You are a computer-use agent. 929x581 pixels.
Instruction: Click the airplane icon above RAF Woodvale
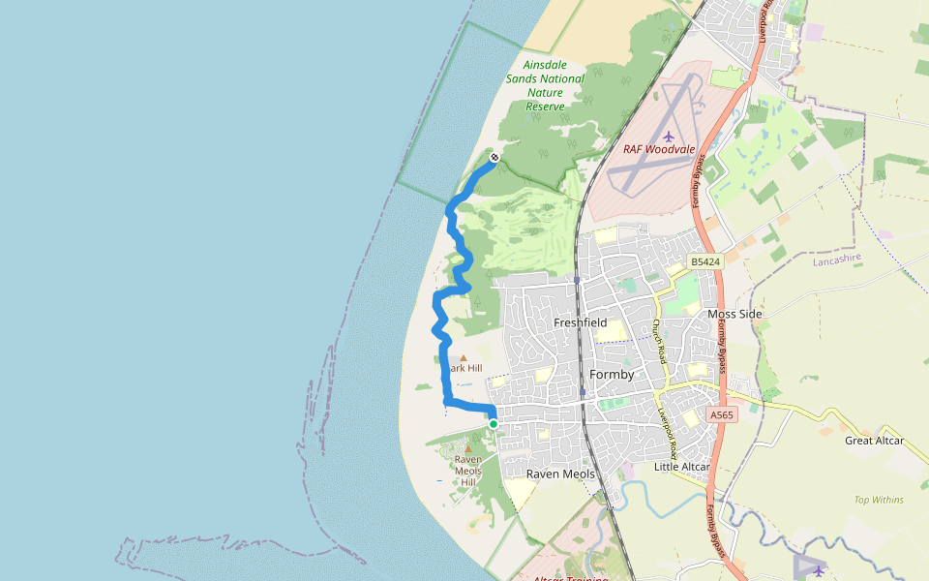click(x=669, y=135)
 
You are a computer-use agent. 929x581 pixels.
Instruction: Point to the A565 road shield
click(x=722, y=414)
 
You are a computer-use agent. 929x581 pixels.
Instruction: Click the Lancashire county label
click(x=837, y=261)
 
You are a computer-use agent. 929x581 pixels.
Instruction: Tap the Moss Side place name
click(x=734, y=314)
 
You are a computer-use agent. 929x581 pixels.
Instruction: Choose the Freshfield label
click(x=580, y=322)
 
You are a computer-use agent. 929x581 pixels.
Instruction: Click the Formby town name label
click(x=612, y=375)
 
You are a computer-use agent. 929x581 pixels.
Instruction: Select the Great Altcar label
click(x=874, y=441)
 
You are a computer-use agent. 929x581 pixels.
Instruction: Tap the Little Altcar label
click(x=682, y=467)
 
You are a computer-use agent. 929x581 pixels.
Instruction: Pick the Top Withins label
click(x=879, y=500)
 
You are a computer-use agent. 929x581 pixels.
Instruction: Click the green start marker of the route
click(x=494, y=424)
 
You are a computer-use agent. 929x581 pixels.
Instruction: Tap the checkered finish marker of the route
click(x=494, y=157)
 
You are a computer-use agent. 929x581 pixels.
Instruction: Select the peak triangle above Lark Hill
click(x=463, y=358)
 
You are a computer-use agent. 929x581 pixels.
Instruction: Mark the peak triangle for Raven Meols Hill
click(x=469, y=447)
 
